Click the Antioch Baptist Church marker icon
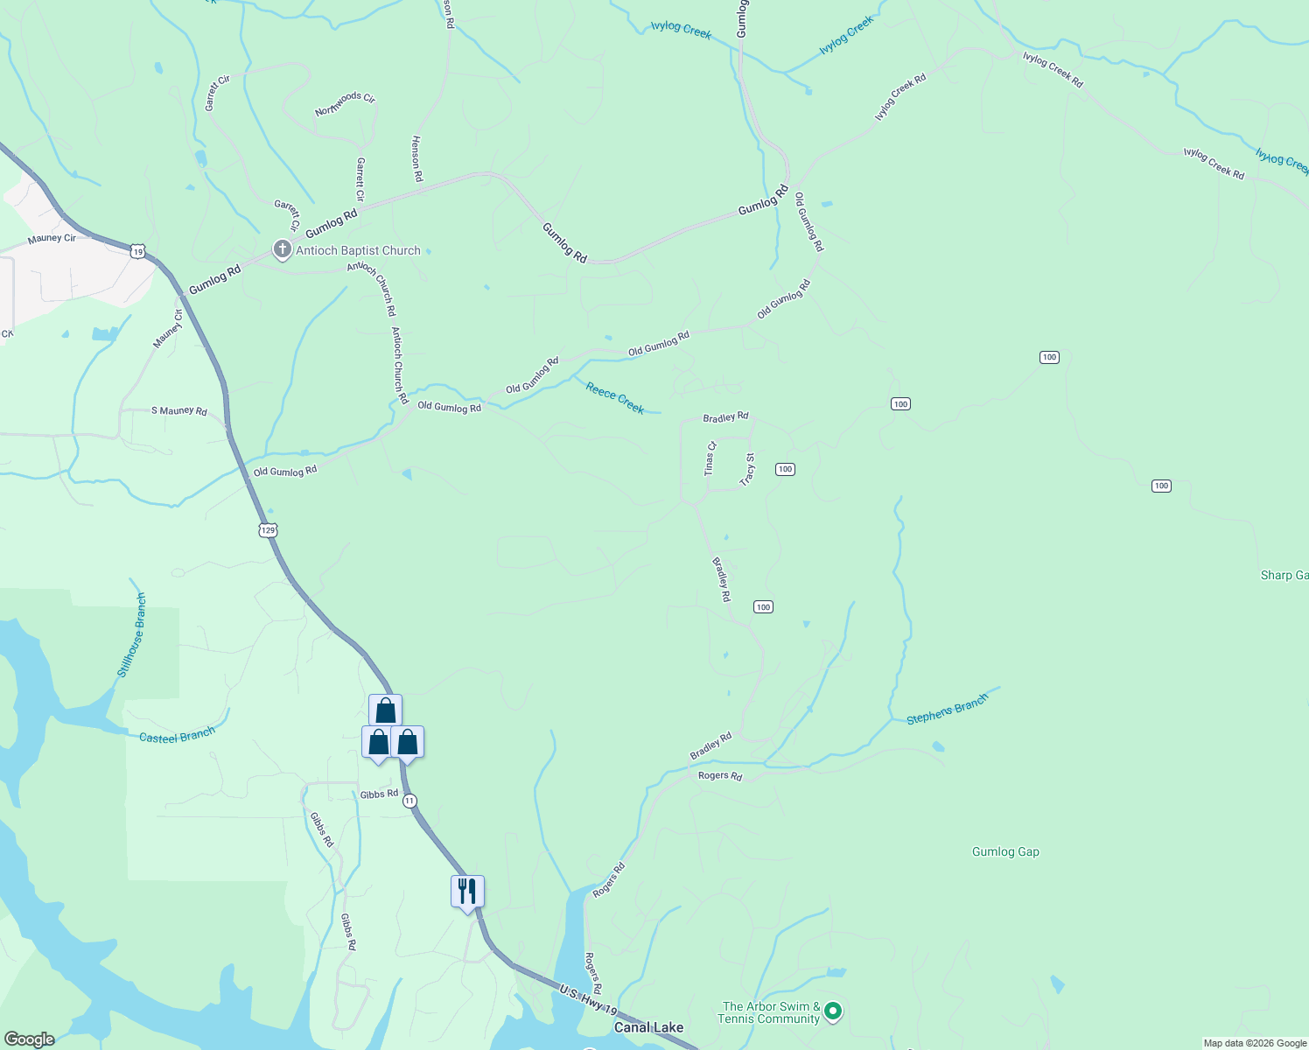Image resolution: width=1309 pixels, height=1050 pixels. (282, 250)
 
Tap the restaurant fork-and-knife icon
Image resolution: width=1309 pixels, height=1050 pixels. (467, 892)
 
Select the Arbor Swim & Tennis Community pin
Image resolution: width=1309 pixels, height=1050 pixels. (833, 1012)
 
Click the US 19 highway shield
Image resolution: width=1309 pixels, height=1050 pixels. (137, 251)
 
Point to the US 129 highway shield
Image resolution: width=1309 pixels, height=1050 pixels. (269, 530)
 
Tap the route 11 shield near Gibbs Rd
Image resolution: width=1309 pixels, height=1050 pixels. (409, 801)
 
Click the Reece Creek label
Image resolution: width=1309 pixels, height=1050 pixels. (615, 398)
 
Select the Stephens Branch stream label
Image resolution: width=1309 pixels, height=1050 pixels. (947, 709)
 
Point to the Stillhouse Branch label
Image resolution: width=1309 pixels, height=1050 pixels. (132, 635)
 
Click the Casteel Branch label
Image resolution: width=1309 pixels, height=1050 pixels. (177, 736)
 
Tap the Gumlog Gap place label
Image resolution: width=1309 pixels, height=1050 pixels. (1005, 851)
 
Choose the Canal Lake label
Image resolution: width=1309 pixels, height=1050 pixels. (648, 1027)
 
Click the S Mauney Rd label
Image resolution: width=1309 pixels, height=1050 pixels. (179, 410)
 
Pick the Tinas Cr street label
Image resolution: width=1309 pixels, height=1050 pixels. (710, 458)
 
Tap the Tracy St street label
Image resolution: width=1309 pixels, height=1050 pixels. (747, 469)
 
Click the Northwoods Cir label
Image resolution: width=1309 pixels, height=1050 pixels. (345, 104)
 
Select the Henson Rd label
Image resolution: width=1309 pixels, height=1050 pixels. (417, 158)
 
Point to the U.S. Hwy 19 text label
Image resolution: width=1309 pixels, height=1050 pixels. (587, 1000)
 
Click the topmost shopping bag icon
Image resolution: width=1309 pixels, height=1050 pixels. (385, 710)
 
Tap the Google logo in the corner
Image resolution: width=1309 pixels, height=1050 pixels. (29, 1039)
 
